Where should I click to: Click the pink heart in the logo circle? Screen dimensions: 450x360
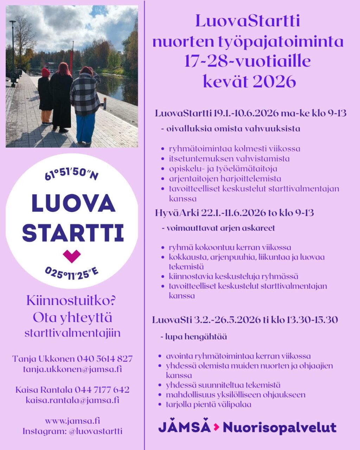(72, 256)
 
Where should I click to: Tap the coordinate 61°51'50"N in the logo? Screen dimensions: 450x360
(71, 173)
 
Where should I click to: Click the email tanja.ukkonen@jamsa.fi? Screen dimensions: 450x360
(72, 369)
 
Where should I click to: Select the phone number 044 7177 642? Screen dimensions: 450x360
(102, 390)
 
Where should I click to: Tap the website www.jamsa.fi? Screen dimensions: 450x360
(72, 420)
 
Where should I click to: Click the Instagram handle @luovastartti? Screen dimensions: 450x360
(95, 431)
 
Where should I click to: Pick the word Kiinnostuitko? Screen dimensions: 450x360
(71, 301)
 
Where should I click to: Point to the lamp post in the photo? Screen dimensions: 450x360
(13, 49)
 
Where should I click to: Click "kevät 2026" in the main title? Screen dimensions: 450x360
(249, 82)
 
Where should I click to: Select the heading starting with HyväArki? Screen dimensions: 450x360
(234, 213)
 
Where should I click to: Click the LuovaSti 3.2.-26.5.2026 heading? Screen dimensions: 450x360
(245, 320)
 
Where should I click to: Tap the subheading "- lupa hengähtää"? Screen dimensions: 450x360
(196, 336)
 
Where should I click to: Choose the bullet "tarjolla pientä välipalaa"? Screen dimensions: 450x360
(208, 404)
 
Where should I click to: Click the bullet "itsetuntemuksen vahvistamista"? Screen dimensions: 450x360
(229, 159)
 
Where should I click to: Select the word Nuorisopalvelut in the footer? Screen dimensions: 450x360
(279, 427)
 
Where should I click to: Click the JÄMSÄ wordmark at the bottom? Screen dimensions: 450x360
(184, 427)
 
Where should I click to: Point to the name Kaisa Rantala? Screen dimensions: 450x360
(44, 390)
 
